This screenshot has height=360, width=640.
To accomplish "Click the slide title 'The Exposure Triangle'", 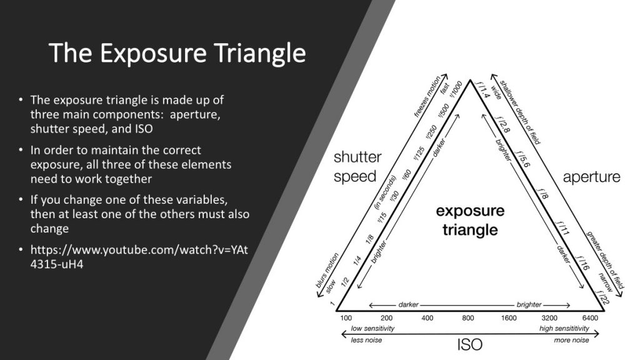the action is pyautogui.click(x=177, y=53).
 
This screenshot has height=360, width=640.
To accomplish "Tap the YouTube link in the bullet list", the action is pyautogui.click(x=139, y=257).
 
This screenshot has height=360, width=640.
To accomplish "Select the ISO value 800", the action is pyautogui.click(x=467, y=318).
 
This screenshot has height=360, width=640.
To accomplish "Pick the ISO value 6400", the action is pyautogui.click(x=590, y=318).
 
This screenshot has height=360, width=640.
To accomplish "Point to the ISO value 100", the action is pyautogui.click(x=346, y=318).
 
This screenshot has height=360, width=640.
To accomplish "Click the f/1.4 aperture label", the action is pyautogui.click(x=482, y=89).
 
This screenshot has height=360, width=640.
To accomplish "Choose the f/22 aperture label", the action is pyautogui.click(x=603, y=297).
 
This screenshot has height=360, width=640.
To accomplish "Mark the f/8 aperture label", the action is pyautogui.click(x=542, y=194).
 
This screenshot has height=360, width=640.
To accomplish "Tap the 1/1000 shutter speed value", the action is pyautogui.click(x=456, y=89).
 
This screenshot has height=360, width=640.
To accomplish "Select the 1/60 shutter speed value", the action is pyautogui.click(x=407, y=174).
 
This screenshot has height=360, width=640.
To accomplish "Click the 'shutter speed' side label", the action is pyautogui.click(x=357, y=166).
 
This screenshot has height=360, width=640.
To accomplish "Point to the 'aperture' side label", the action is pyautogui.click(x=591, y=177).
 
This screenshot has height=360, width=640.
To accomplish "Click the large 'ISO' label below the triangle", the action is pyautogui.click(x=470, y=345).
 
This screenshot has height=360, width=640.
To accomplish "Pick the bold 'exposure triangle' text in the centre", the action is pyautogui.click(x=470, y=220).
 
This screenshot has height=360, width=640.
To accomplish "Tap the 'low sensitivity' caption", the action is pyautogui.click(x=372, y=329).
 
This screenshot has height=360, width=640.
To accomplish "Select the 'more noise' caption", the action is pyautogui.click(x=571, y=340).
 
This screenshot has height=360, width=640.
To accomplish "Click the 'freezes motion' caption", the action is pyautogui.click(x=427, y=97).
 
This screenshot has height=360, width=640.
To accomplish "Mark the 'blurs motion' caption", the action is pyautogui.click(x=327, y=270).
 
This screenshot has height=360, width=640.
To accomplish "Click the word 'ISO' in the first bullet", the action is pyautogui.click(x=144, y=129).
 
